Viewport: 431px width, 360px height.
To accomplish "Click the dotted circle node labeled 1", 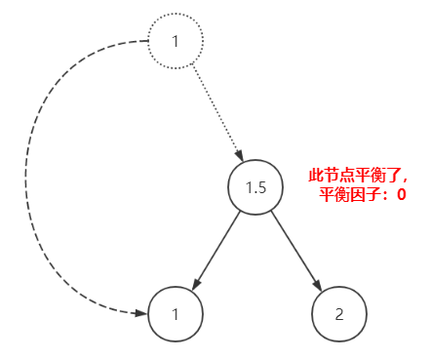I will (176, 42).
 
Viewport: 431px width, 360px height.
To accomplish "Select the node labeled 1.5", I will (256, 186).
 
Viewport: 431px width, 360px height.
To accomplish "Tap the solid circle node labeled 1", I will (176, 314).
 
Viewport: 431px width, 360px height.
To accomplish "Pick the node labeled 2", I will (338, 314).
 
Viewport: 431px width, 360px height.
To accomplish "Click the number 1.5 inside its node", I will (256, 186).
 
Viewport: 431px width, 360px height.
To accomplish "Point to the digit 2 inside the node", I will (338, 314).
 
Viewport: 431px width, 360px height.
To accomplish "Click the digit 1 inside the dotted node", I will (176, 42).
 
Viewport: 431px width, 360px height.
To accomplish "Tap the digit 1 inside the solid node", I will (176, 314).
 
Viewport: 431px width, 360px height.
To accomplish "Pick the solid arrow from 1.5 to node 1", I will (216, 250).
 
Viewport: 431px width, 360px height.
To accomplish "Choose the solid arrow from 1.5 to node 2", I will (296, 250).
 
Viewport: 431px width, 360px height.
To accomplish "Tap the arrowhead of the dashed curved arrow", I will (140, 313).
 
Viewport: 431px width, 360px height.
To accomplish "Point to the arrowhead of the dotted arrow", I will (238, 155).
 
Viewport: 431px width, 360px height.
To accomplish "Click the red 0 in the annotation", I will (401, 195).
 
